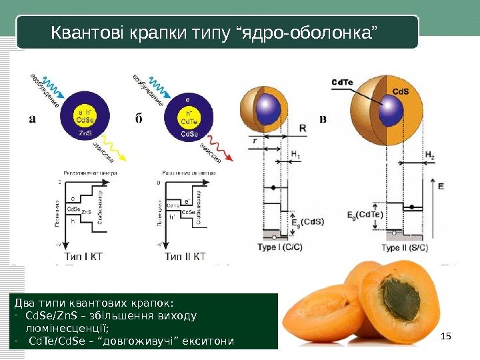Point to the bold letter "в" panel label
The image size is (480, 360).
click(323, 120)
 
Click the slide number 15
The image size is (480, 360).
click(447, 335)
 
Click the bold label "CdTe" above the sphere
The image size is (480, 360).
click(342, 82)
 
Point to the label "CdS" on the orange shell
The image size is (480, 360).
click(400, 92)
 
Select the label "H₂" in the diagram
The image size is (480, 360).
click(430, 155)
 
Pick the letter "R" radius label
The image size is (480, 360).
click(303, 128)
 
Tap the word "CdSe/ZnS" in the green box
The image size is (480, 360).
click(45, 316)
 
